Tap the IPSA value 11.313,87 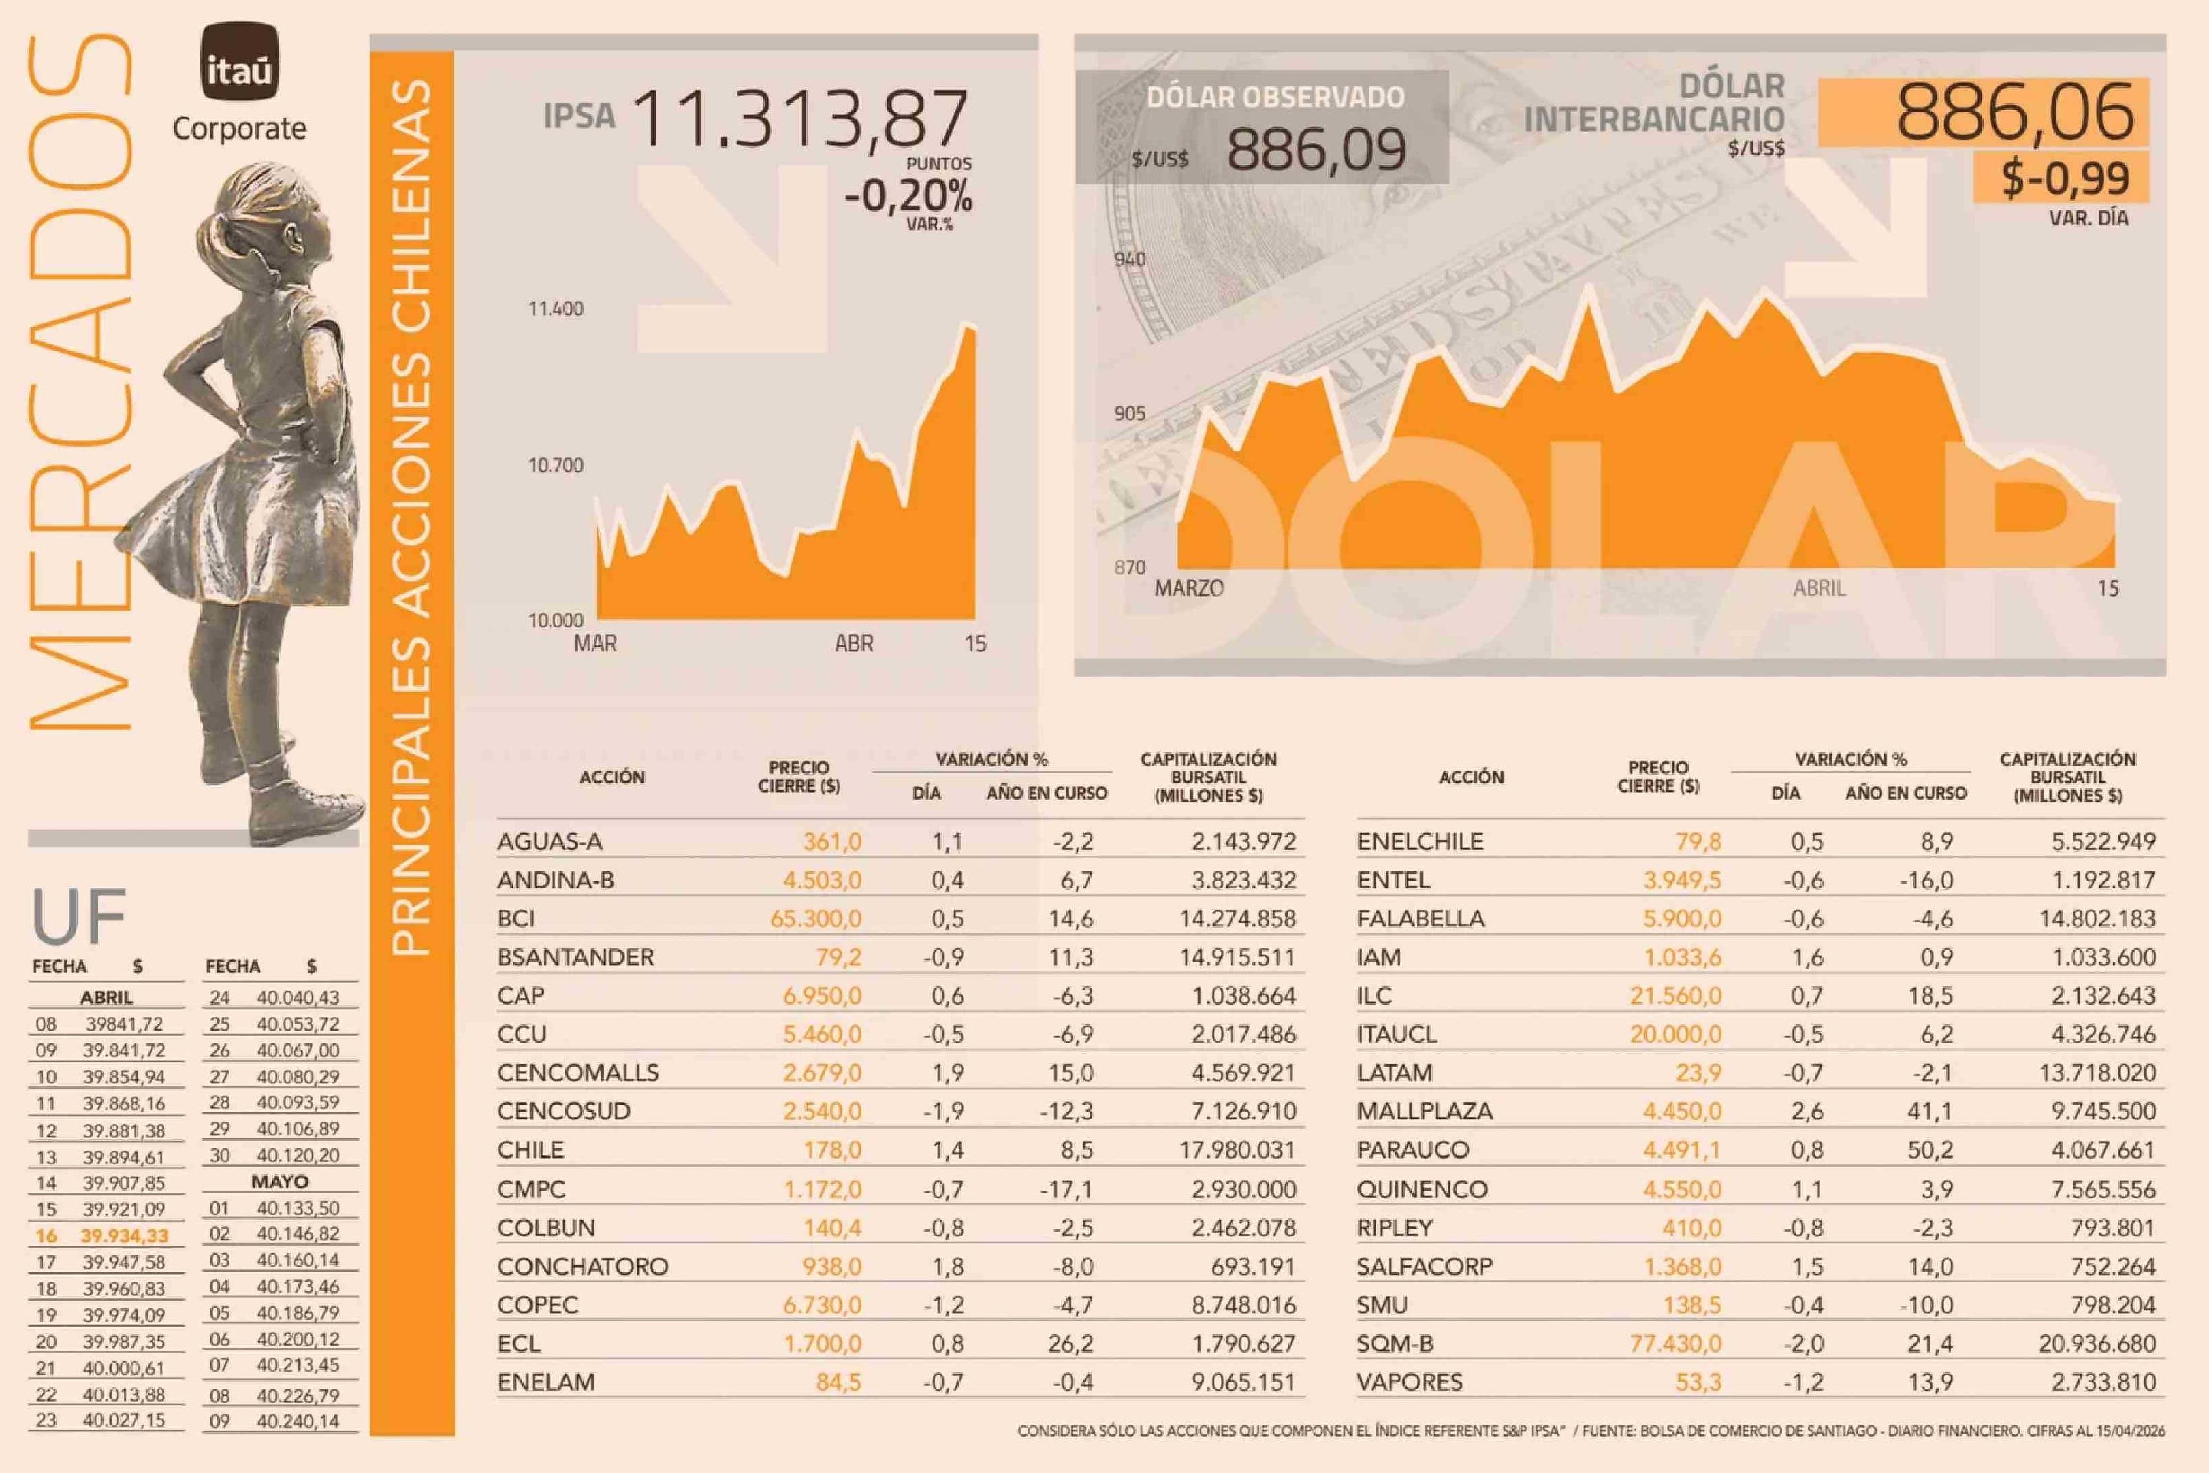pos(799,119)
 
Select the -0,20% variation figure pos(908,196)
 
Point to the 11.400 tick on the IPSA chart pos(555,309)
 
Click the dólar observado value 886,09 pos(1316,150)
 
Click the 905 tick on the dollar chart pos(1130,413)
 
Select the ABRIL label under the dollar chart pos(1819,588)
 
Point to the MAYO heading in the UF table pos(279,1181)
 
